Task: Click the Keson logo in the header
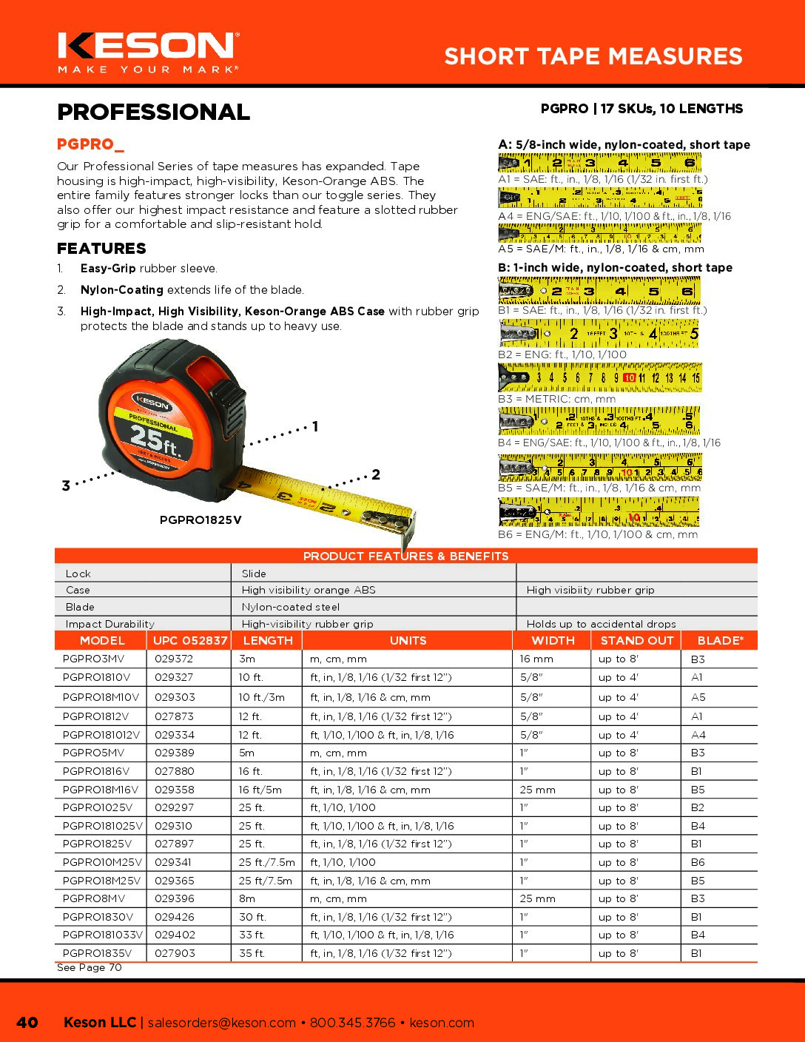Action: (x=148, y=52)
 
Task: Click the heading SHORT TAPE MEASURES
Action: (x=593, y=56)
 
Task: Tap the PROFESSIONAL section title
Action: (x=153, y=112)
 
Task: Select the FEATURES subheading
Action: (x=101, y=249)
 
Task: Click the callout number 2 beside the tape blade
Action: (x=376, y=474)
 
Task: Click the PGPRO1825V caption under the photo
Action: (x=201, y=520)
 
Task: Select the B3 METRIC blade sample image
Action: (x=600, y=377)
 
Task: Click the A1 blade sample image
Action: (x=600, y=163)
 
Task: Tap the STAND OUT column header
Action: (x=637, y=641)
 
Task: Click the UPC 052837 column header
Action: (x=190, y=641)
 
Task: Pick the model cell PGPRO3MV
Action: (x=94, y=659)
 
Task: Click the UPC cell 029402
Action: (x=175, y=935)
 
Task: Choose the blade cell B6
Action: (x=698, y=862)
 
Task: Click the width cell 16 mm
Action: (x=536, y=659)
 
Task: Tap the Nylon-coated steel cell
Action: (x=291, y=607)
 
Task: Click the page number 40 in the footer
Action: (x=27, y=1022)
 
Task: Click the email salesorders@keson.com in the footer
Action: (x=221, y=1023)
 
